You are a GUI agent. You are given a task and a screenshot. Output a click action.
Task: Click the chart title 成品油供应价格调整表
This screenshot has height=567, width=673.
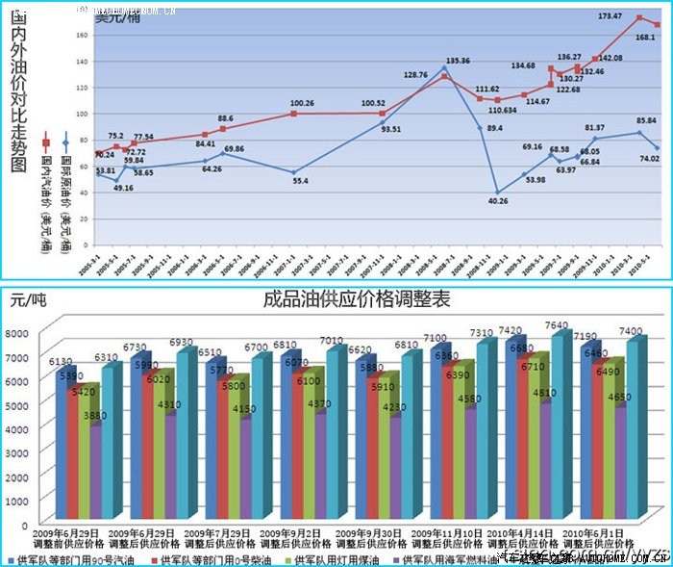click(357, 299)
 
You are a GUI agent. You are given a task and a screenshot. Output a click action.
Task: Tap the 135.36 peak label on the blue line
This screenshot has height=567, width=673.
click(459, 61)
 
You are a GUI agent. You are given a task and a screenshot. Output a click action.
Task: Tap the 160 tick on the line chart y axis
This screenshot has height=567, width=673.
click(82, 35)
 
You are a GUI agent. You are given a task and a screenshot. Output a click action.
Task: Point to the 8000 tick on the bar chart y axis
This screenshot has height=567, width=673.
click(22, 333)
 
